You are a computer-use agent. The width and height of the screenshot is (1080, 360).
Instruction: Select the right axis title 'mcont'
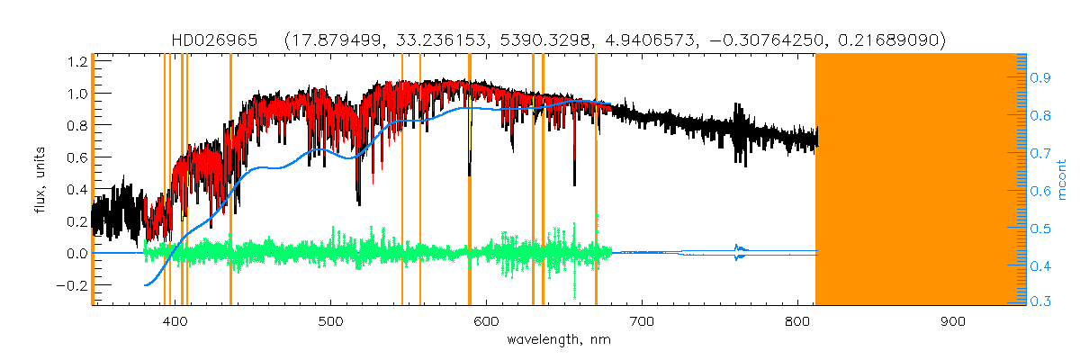1063,180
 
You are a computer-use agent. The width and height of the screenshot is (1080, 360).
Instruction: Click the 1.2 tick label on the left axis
76,61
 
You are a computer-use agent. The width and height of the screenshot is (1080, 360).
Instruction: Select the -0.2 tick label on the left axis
72,285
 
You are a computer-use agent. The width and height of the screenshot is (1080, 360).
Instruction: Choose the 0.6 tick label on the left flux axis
76,157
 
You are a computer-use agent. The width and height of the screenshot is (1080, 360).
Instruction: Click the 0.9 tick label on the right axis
1042,78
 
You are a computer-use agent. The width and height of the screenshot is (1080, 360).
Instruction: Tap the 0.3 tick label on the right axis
1042,302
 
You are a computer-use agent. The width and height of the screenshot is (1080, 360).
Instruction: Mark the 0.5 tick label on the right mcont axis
1042,229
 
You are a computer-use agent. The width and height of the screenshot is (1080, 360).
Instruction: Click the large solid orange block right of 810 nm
918,180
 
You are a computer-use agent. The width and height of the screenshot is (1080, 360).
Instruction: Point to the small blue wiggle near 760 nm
739,253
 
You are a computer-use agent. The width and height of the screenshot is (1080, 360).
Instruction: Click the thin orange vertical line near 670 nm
596,180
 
